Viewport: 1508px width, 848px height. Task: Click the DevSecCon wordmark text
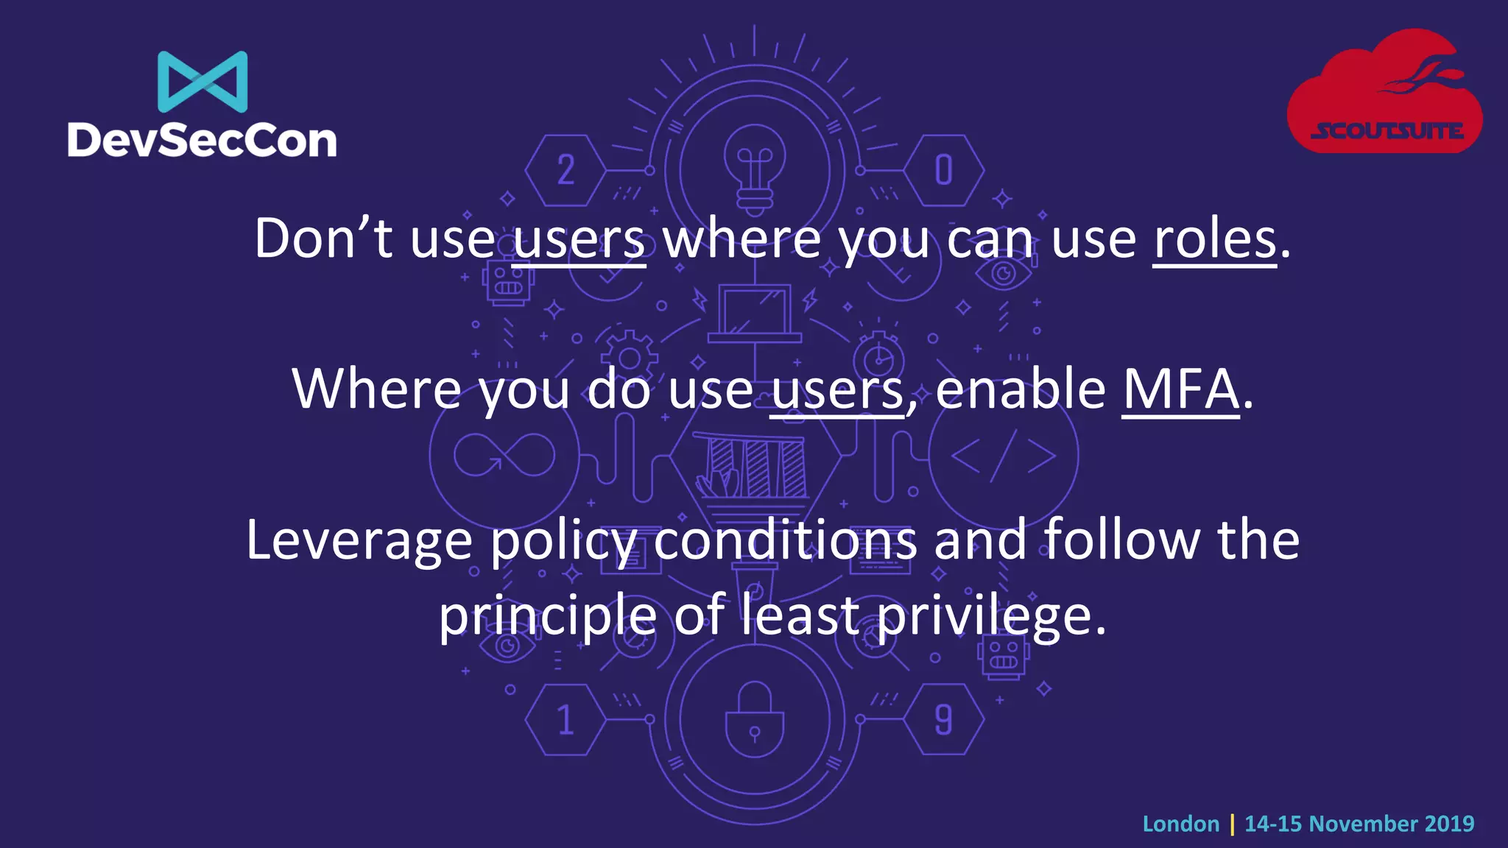click(202, 140)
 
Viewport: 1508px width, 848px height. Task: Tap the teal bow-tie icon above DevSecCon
click(202, 81)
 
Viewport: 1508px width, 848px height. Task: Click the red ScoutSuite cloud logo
click(1384, 92)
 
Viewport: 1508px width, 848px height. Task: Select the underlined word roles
click(1214, 240)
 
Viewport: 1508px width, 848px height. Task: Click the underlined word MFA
click(1180, 390)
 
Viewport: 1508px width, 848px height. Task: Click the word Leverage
click(359, 540)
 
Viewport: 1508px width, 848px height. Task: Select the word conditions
click(785, 540)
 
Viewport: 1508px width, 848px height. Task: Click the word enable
click(1021, 390)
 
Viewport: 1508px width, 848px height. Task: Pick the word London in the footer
click(1180, 824)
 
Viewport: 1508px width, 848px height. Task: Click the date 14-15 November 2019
click(1359, 824)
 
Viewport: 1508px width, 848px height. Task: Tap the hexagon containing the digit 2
click(565, 170)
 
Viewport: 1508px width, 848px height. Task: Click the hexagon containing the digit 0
click(943, 170)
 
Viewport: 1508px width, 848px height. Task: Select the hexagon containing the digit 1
click(565, 720)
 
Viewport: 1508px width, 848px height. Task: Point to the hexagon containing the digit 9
click(943, 720)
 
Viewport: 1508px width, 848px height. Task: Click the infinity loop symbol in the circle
click(504, 455)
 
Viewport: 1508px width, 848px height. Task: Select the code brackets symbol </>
click(1003, 455)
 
